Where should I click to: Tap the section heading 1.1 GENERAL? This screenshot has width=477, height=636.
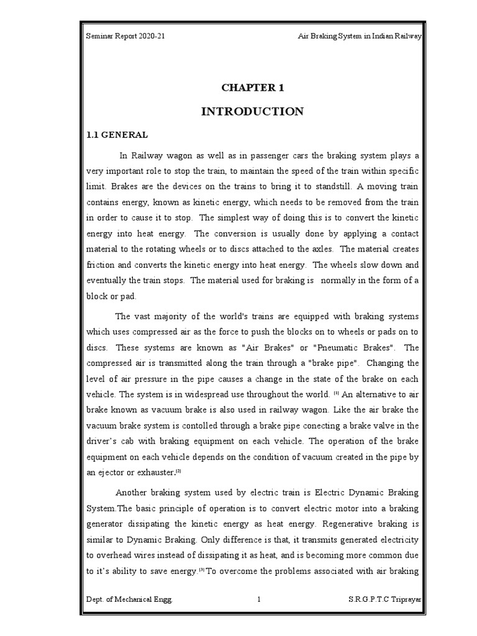(117, 134)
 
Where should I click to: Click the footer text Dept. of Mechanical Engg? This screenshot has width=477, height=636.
(130, 599)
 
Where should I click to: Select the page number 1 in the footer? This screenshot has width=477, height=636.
(258, 599)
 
